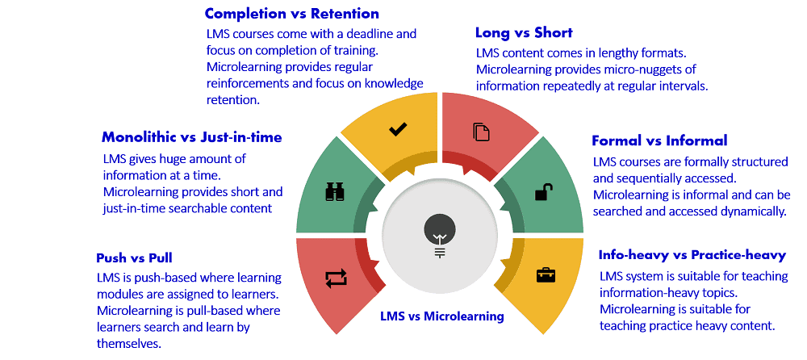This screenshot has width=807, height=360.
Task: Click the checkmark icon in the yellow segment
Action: [398, 129]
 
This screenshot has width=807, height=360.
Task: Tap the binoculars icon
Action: [336, 191]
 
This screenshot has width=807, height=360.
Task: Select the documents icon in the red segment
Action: [481, 132]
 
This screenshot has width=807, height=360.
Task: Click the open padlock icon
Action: [544, 192]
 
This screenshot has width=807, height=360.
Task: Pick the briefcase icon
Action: [546, 274]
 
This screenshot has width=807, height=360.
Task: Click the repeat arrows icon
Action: [335, 278]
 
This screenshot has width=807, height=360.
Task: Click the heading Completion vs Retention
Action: [291, 14]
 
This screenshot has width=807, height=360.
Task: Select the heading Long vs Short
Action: [524, 33]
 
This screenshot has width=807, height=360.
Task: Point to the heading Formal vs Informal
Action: [659, 140]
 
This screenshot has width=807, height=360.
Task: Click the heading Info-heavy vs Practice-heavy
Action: [692, 255]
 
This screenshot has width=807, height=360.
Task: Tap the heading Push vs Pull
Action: [135, 258]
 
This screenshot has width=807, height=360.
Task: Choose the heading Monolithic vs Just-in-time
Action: [192, 137]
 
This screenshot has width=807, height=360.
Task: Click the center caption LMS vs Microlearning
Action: [441, 316]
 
